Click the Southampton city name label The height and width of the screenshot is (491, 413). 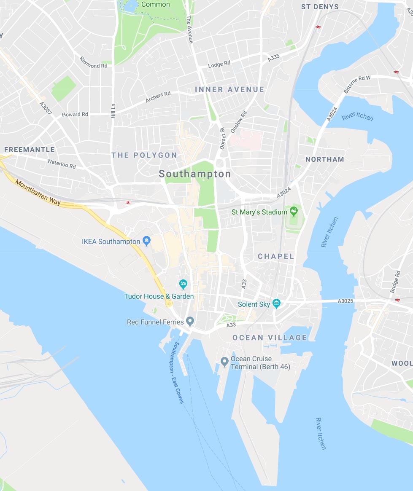195,174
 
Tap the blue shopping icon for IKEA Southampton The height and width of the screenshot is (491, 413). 146,241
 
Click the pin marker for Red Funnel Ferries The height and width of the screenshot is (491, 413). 190,322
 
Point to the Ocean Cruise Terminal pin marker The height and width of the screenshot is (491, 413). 225,362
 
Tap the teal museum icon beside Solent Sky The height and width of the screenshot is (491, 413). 276,303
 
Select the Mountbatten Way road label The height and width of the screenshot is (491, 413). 38,193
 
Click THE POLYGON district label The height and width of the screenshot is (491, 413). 144,155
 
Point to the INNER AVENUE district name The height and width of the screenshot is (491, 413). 229,89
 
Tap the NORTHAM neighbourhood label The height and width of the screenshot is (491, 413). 324,159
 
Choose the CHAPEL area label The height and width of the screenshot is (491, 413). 276,256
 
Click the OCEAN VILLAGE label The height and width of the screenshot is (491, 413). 270,338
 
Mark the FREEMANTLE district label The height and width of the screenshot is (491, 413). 30,150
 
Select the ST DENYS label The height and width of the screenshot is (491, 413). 320,7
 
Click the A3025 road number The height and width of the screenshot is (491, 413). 345,301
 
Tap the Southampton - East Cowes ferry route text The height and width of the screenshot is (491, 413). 178,373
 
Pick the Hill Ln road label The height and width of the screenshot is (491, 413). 113,110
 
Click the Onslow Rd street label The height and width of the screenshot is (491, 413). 243,121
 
